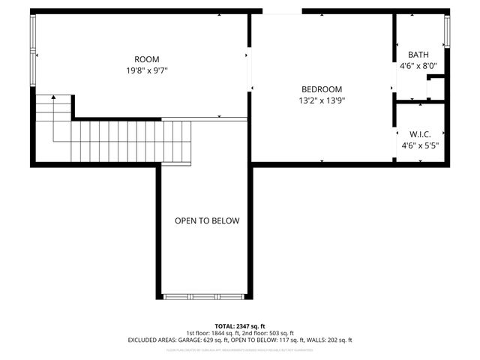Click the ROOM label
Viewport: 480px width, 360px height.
(x=147, y=59)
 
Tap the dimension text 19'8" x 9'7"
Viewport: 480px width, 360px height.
(x=147, y=70)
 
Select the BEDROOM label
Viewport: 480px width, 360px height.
(x=322, y=88)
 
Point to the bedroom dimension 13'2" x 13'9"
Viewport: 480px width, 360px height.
(x=322, y=100)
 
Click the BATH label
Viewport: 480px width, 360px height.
(x=418, y=55)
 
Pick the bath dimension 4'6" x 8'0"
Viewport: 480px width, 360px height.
(x=418, y=66)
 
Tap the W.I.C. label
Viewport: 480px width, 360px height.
(x=419, y=134)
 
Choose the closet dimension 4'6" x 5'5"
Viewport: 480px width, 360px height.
(x=419, y=145)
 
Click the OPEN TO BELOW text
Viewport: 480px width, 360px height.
(x=207, y=220)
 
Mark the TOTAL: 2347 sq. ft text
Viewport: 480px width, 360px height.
(x=240, y=325)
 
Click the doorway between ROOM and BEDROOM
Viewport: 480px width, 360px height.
(x=250, y=67)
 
